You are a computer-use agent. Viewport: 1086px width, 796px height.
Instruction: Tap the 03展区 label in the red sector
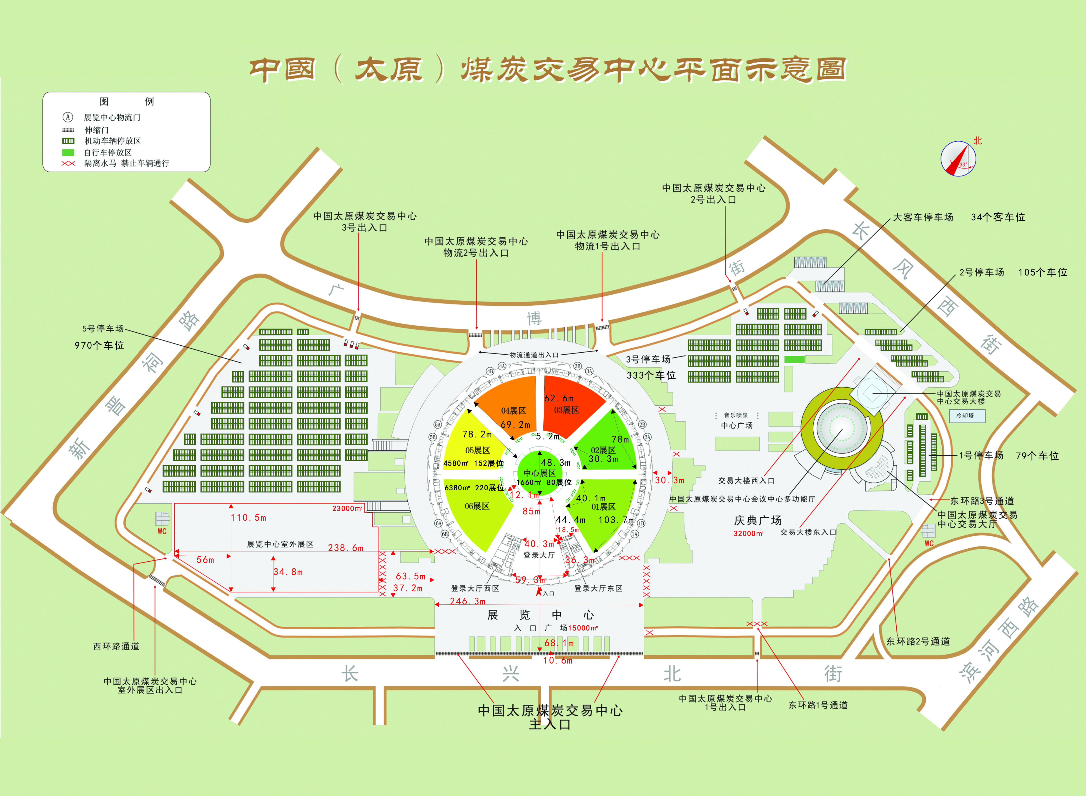[x=566, y=410]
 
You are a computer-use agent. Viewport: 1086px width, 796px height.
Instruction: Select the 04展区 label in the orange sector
[x=513, y=411]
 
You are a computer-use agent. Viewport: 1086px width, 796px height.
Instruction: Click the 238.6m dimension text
[x=346, y=548]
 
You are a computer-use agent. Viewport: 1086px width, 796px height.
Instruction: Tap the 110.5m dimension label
[x=248, y=517]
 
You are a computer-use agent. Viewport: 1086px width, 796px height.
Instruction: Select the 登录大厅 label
[x=539, y=555]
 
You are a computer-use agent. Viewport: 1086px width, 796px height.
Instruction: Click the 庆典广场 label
[x=758, y=520]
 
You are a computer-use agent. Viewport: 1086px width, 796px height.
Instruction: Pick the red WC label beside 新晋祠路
[x=162, y=531]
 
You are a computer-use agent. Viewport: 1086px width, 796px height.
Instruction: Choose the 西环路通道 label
[x=117, y=646]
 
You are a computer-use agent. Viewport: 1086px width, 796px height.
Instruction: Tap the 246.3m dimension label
[x=467, y=601]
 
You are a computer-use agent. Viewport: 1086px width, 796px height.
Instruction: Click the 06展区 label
[x=477, y=506]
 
